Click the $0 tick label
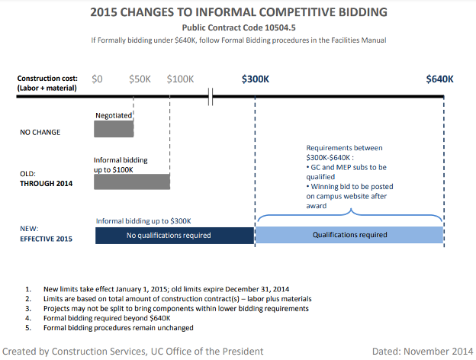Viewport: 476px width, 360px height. (98, 79)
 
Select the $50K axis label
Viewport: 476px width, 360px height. (139, 79)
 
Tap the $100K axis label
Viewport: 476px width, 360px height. (181, 79)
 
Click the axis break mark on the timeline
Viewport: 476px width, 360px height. (213, 97)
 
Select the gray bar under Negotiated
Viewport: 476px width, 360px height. (114, 129)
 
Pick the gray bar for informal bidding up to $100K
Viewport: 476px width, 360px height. (131, 182)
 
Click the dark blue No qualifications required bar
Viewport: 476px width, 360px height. (174, 236)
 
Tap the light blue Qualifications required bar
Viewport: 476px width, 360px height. (350, 236)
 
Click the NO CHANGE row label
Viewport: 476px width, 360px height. (40, 132)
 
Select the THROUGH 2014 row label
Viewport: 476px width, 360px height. (46, 183)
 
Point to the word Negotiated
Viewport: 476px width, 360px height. (114, 115)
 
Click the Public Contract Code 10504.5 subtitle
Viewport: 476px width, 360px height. (237, 27)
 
